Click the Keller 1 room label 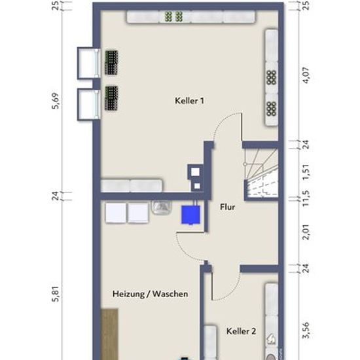coord(189,101)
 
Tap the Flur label coord(228,207)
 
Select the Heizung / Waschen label coord(151,294)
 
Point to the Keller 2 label coord(241,331)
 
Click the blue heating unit coord(190,215)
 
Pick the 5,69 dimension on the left coord(56,101)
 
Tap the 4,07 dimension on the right coord(306,75)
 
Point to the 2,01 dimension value coord(306,232)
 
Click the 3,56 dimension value coord(306,330)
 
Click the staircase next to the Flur coord(261,173)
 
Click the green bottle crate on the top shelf coord(174,16)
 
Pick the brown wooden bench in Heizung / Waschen coord(109,334)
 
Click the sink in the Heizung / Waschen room coord(162,207)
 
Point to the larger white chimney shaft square coord(196,171)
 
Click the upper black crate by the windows coord(111,63)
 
